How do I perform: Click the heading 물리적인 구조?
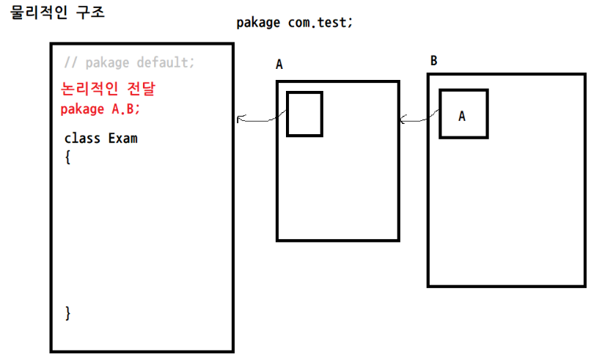point(56,13)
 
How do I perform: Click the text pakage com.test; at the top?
point(294,22)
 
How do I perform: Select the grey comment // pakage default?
point(130,62)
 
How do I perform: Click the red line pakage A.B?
point(100,109)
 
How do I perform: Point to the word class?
point(82,138)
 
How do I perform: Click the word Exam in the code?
point(122,138)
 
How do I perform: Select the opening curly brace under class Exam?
point(67,155)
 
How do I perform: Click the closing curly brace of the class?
point(67,313)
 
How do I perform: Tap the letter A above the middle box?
point(279,65)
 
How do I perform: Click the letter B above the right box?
point(433,60)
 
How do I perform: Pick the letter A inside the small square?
point(462,116)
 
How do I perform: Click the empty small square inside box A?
point(304,114)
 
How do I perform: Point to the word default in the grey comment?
point(165,62)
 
